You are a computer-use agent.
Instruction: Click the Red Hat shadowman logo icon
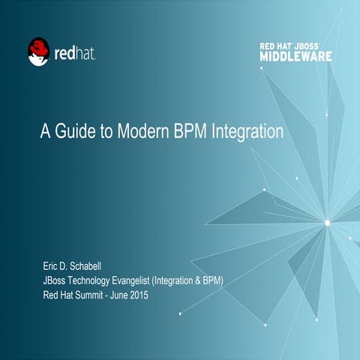point(38,52)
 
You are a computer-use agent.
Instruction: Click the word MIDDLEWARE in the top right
point(296,56)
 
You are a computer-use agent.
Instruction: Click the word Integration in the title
point(248,133)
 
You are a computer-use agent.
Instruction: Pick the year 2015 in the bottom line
point(138,295)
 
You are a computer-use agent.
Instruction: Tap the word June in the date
point(116,295)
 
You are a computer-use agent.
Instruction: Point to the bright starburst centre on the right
point(327,222)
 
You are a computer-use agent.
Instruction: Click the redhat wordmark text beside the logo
point(75,53)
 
